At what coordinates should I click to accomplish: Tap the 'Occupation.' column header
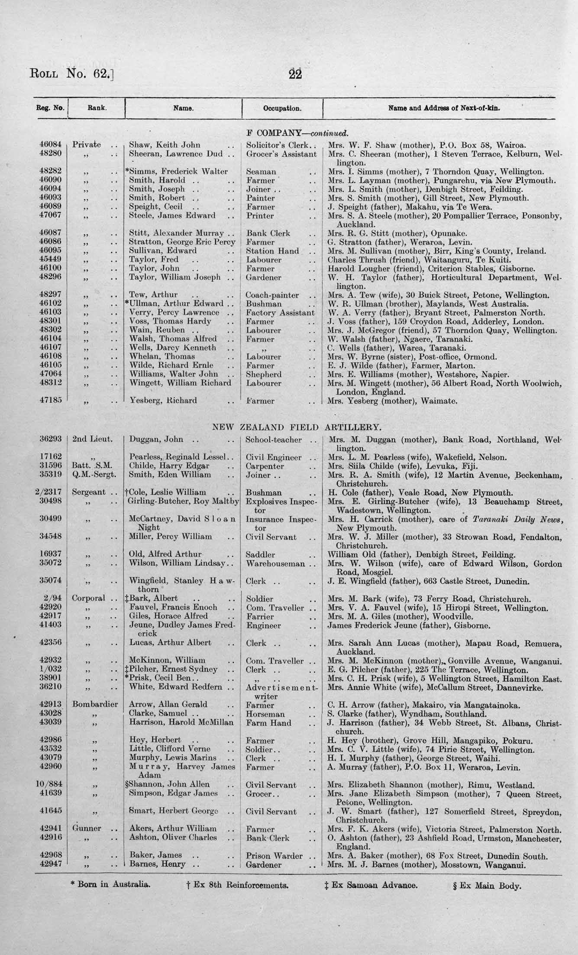282,108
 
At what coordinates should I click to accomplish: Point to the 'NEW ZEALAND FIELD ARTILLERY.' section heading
297,427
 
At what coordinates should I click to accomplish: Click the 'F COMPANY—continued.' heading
297,133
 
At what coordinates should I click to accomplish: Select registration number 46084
51,145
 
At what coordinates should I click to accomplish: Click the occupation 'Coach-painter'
272,295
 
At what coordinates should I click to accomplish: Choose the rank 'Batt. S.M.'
92,466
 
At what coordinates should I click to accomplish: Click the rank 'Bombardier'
95,705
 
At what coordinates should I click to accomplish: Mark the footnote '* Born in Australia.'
110,884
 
